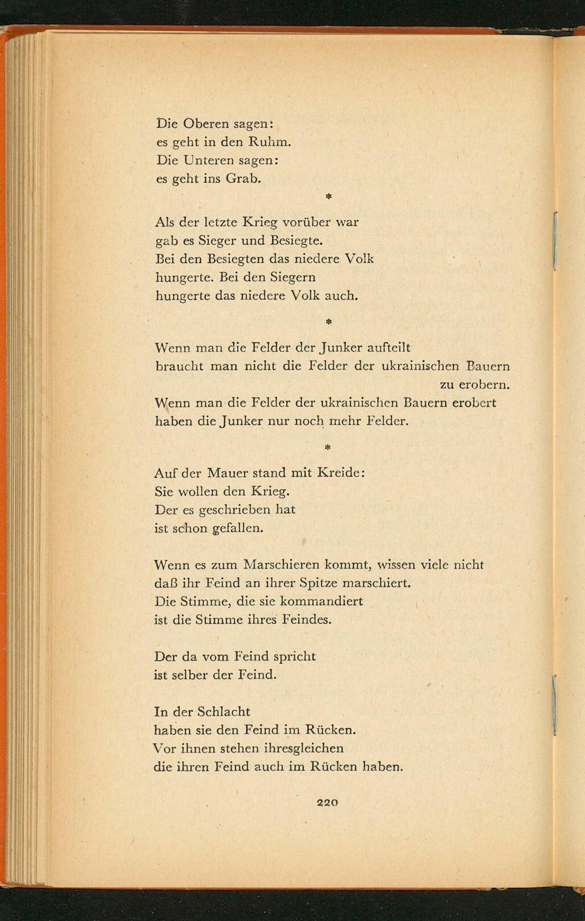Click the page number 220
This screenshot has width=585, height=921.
tap(327, 803)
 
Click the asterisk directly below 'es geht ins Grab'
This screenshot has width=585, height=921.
tap(328, 198)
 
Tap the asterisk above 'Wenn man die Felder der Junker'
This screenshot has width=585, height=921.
tap(328, 322)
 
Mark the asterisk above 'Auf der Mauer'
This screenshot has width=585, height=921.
tap(328, 448)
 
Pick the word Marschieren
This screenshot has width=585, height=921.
tap(283, 565)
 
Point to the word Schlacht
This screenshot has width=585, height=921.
tap(223, 712)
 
